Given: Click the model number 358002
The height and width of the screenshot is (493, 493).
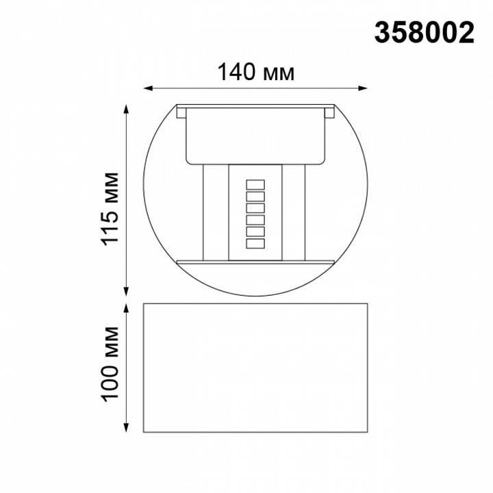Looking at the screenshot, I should [x=425, y=32].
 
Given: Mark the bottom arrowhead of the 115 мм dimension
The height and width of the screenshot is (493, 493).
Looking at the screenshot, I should [x=127, y=290].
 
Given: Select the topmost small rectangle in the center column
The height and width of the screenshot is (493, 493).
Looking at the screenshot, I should [x=255, y=184].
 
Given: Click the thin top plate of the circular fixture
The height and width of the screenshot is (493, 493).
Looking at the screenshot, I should [x=255, y=107].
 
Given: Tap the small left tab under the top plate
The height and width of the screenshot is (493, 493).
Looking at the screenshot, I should [x=181, y=114].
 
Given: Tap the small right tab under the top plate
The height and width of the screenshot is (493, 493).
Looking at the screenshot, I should [x=330, y=114].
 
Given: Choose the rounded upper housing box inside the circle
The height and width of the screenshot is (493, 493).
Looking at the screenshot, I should [x=255, y=137].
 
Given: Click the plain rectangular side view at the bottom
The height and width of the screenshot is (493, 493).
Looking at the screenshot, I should [x=255, y=368].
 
